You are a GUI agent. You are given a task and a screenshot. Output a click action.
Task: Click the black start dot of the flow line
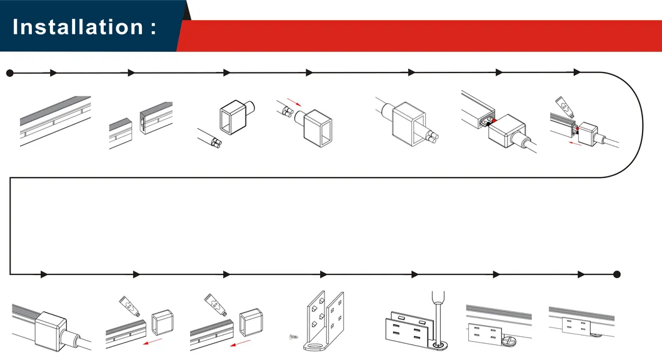pyautogui.click(x=9, y=73)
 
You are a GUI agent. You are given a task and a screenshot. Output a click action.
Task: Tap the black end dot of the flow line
pyautogui.click(x=616, y=274)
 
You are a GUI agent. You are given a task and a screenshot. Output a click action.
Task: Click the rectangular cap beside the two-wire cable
pyautogui.click(x=231, y=117)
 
